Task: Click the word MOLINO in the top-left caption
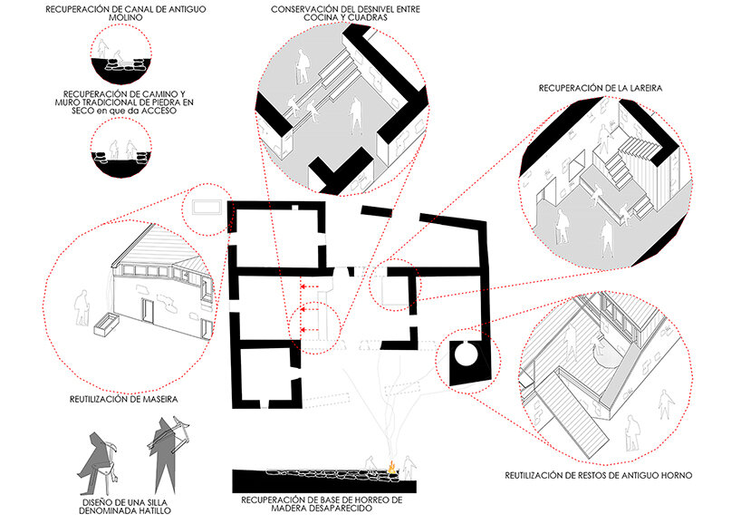[126, 17]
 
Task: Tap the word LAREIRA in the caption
[640, 88]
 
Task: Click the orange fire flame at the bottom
[391, 466]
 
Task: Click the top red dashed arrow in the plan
[309, 286]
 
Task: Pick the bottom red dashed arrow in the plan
[309, 329]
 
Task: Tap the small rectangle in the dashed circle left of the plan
[207, 207]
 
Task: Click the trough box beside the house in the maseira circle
[106, 325]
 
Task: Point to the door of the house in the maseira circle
[149, 312]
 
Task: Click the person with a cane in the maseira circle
[82, 307]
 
